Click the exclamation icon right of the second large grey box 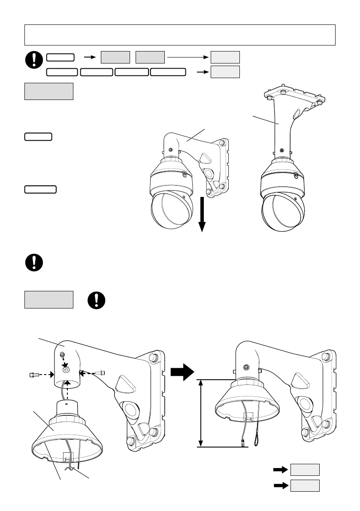click(x=97, y=300)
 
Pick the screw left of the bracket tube click(x=33, y=375)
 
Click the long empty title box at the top click(x=180, y=35)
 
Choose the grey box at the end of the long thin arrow click(x=225, y=57)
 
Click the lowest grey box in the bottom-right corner click(x=305, y=485)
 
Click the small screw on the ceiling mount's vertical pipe click(x=281, y=150)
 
